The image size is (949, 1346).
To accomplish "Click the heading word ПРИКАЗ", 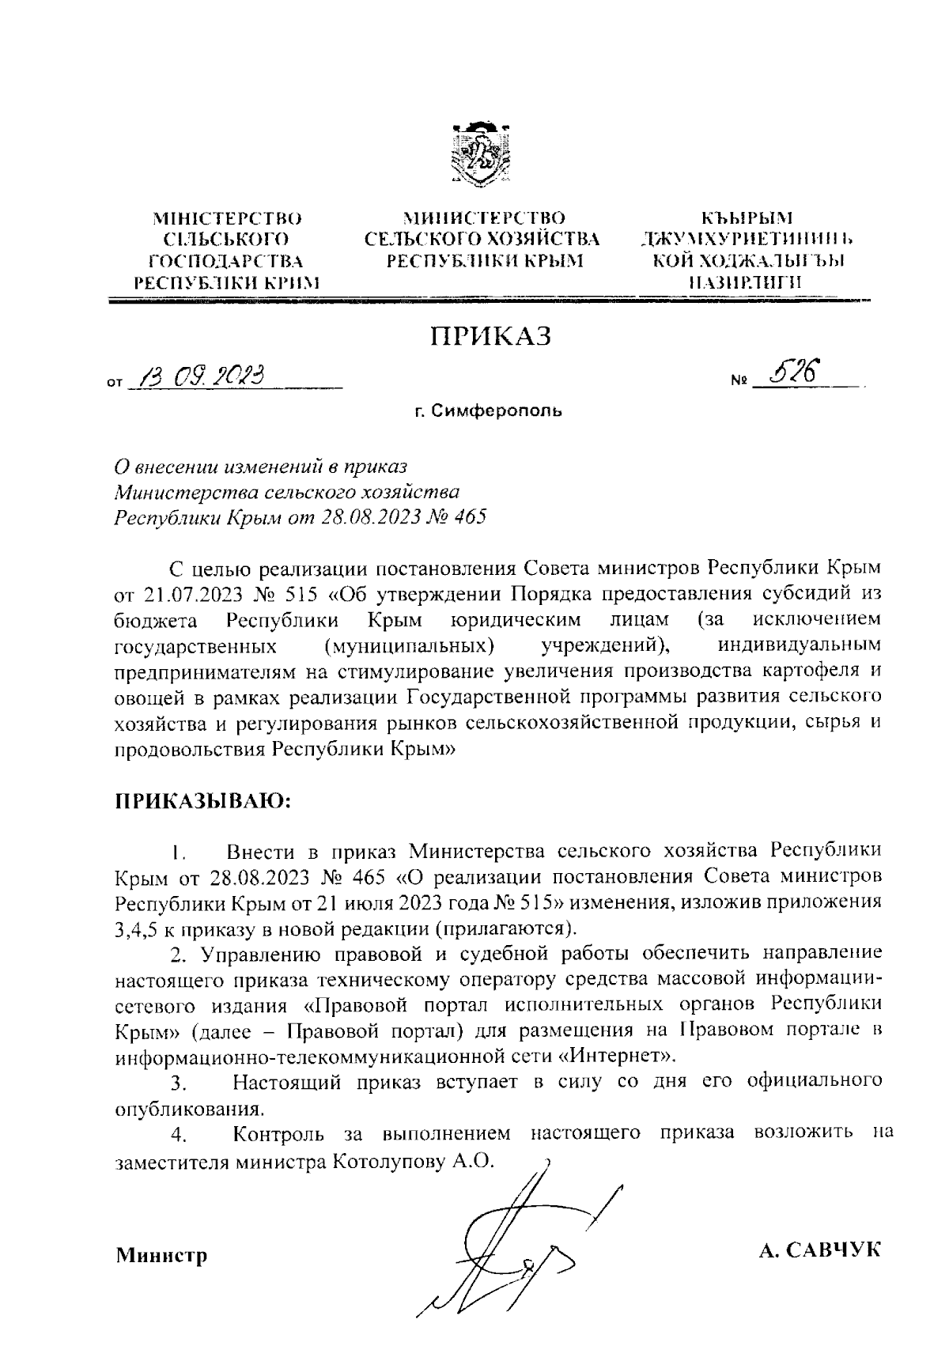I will (490, 336).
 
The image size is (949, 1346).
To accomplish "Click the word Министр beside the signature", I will (162, 1255).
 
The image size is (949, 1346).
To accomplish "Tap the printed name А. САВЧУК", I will (819, 1250).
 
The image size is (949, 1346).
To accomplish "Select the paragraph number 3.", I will (177, 1082).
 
